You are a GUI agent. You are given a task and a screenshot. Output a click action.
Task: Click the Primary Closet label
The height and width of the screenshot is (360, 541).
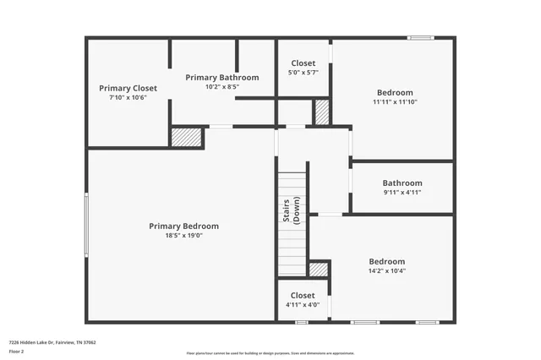click(128, 88)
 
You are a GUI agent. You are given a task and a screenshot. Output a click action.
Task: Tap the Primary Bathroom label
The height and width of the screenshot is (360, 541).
click(222, 77)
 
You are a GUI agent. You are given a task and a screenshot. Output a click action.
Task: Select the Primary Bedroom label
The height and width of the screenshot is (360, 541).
click(183, 226)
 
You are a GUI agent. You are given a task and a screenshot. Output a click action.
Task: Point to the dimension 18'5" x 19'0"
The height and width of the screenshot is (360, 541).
click(183, 236)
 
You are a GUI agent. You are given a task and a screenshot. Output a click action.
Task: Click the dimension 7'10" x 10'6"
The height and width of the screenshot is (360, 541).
click(128, 97)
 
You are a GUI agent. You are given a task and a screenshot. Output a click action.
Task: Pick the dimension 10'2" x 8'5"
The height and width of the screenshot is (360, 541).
click(222, 86)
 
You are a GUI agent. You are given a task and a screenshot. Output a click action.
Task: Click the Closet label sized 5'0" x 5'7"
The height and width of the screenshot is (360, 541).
click(303, 63)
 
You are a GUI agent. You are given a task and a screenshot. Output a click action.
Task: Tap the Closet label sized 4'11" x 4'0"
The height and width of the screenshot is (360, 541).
click(303, 295)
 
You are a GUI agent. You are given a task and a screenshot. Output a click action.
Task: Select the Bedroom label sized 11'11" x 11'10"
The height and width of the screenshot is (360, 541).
click(395, 92)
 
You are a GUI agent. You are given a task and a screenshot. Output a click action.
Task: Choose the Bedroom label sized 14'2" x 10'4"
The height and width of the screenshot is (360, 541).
click(386, 261)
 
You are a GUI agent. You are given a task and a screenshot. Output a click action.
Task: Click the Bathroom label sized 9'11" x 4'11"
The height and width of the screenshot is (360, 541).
click(402, 183)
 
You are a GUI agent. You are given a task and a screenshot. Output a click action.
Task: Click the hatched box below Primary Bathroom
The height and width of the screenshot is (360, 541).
click(186, 137)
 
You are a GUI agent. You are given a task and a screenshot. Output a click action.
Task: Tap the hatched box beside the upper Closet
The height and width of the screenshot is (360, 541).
click(321, 112)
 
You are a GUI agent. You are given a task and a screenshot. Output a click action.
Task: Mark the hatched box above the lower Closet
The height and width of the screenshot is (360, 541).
click(319, 270)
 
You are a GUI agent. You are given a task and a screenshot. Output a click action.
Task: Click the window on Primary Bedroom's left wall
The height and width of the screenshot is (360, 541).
click(86, 225)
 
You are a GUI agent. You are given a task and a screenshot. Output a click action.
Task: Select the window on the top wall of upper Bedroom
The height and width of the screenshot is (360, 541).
click(420, 37)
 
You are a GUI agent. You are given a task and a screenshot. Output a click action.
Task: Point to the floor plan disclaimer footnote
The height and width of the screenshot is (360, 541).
click(270, 353)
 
